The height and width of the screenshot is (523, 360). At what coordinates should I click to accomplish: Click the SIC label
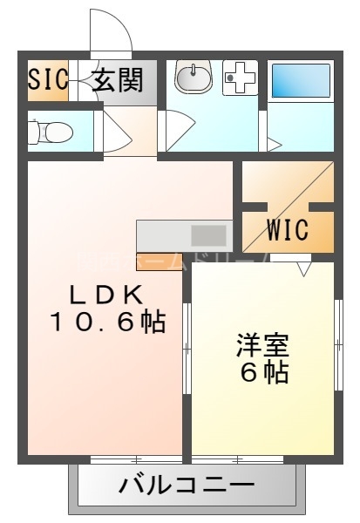point(48,80)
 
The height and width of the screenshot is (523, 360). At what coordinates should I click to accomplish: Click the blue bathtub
point(300,80)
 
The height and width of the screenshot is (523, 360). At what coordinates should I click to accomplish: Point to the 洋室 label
point(263,344)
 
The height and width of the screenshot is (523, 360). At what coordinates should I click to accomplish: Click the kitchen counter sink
point(207,234)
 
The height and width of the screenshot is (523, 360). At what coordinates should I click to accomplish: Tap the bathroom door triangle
point(274,142)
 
